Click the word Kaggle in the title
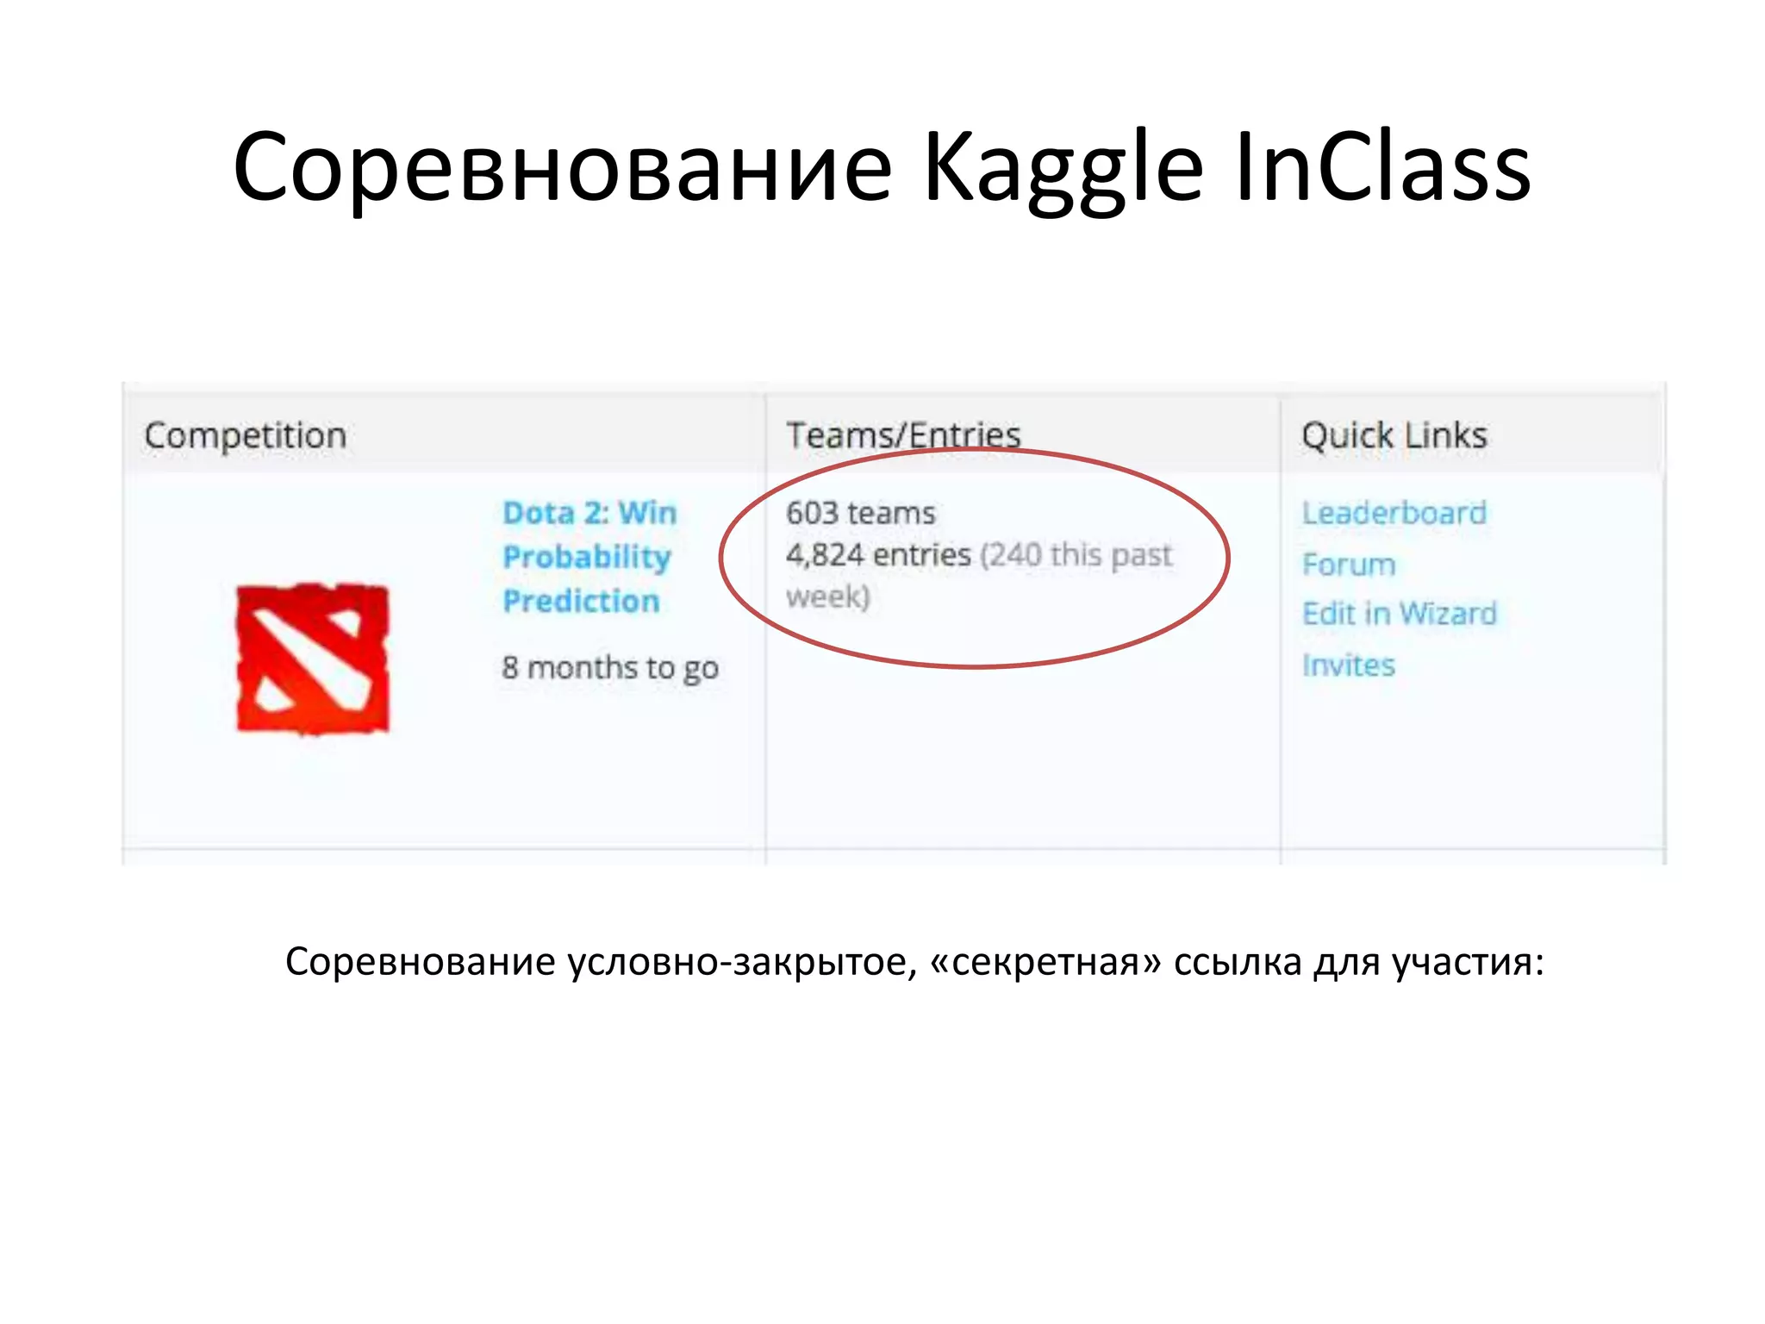[x=1062, y=169]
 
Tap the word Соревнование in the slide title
[x=562, y=169]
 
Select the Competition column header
[x=246, y=435]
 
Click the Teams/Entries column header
[x=903, y=435]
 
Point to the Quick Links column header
[x=1394, y=435]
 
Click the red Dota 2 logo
[x=313, y=659]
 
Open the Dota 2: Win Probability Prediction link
[x=589, y=557]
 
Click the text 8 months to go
[x=610, y=668]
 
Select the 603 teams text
[x=860, y=514]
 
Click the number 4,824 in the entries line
[x=824, y=555]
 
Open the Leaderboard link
[x=1394, y=514]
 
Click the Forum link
[x=1349, y=565]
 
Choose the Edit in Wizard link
[x=1400, y=614]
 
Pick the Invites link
[x=1349, y=665]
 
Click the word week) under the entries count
[x=827, y=596]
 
